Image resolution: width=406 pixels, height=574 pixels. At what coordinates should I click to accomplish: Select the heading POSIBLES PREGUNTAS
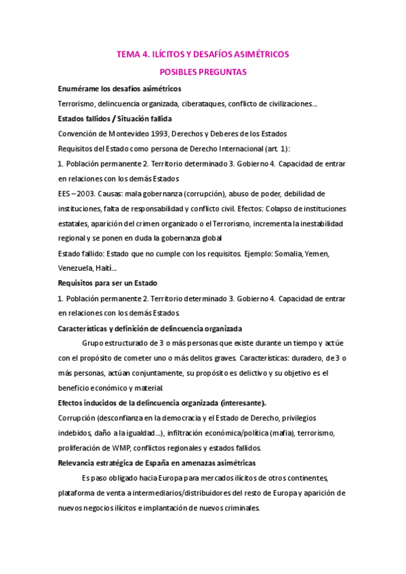pos(203,71)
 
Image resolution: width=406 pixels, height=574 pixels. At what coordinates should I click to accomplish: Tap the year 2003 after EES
pos(89,194)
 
